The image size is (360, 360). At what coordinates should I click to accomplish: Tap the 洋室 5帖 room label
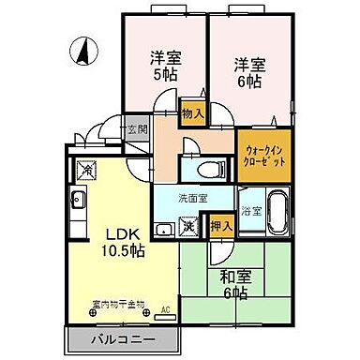click(x=164, y=65)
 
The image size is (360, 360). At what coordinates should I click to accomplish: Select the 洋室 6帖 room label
click(x=248, y=72)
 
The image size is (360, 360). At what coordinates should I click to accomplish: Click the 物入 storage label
click(x=191, y=111)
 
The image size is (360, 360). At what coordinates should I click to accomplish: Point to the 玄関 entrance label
click(x=138, y=129)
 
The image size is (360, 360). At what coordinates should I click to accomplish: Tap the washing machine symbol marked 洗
click(x=188, y=225)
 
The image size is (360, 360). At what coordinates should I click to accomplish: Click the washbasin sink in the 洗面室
click(x=163, y=227)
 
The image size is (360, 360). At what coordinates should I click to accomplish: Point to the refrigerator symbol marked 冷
click(x=85, y=171)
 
